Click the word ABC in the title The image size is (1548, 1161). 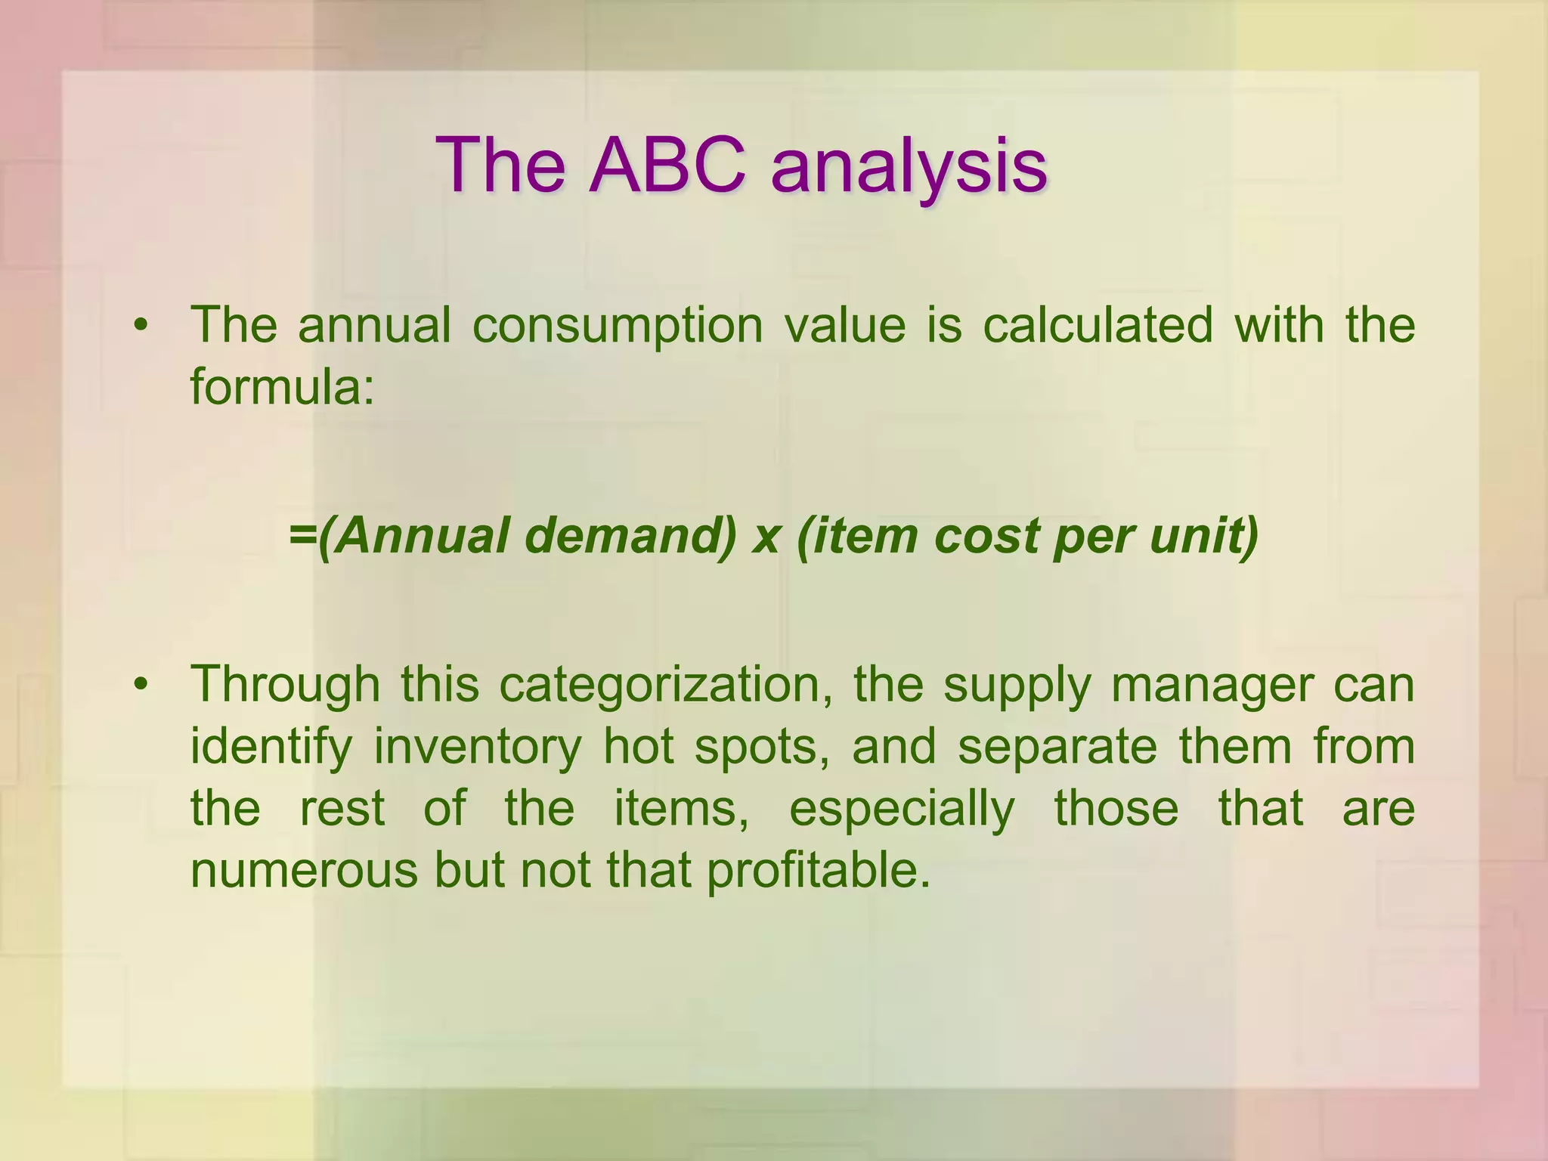[x=667, y=165]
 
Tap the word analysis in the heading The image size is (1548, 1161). [x=909, y=168]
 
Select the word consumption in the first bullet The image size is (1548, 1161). [x=618, y=327]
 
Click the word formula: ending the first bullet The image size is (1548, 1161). [x=282, y=387]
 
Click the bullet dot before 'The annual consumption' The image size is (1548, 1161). [x=140, y=327]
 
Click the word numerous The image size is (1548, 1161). [x=304, y=871]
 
